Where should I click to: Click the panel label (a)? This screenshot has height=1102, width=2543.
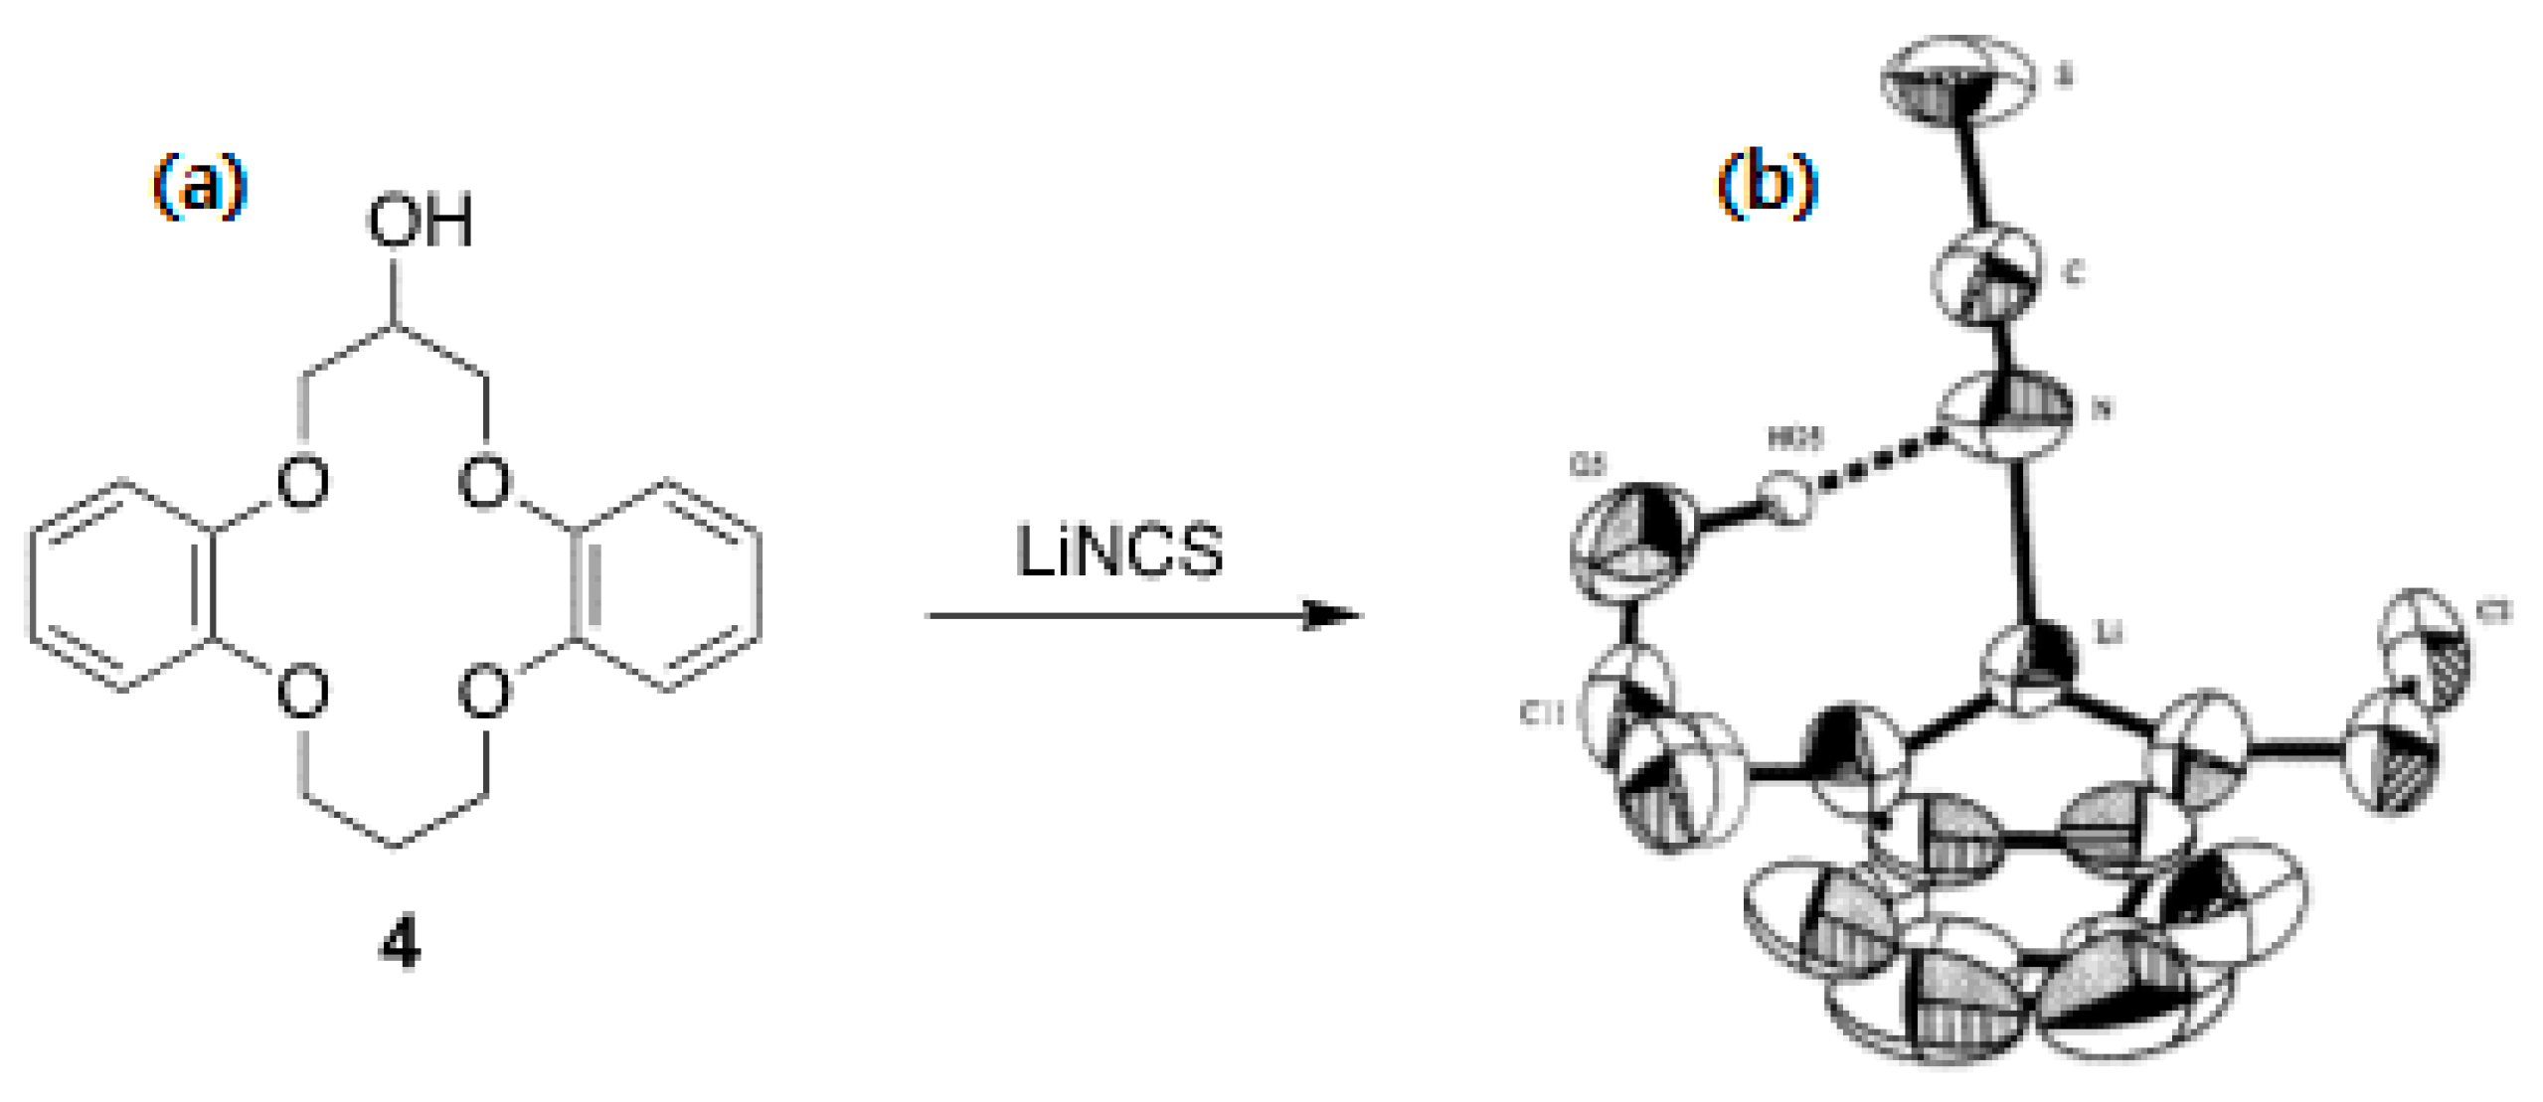(x=199, y=186)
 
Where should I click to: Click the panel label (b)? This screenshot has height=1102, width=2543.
(x=1767, y=186)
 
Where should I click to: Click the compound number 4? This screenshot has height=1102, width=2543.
(x=400, y=944)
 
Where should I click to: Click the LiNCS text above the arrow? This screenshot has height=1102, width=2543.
(x=1119, y=551)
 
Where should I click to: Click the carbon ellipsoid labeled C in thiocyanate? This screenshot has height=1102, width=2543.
(x=1985, y=273)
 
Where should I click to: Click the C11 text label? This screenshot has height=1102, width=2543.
(x=1543, y=712)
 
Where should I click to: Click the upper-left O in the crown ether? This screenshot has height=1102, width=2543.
(x=303, y=483)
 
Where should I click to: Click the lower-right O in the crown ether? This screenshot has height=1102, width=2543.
(x=485, y=693)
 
